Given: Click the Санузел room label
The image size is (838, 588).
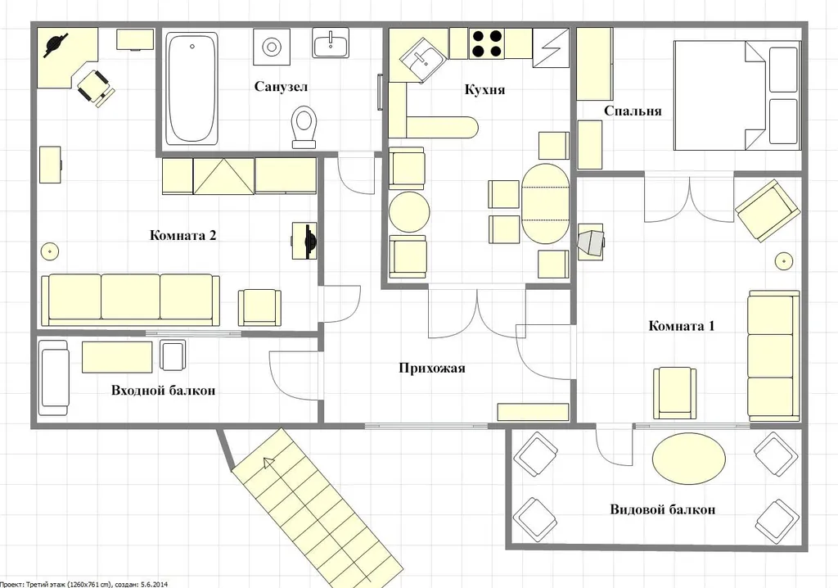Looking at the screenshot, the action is coord(281,87).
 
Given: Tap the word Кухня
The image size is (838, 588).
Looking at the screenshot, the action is coord(484,89).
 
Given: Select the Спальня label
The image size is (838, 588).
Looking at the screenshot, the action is coord(633,111).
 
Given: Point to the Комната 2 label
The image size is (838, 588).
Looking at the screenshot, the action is coord(182,235).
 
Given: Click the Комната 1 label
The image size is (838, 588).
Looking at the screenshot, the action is coord(682,326).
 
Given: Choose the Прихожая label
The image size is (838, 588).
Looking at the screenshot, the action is coord(432,368).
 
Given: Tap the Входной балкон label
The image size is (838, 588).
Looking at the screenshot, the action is coord(164,391).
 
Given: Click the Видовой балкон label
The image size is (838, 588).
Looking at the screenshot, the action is coord(663,509).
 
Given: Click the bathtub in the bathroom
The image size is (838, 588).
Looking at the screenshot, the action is coord(191,88).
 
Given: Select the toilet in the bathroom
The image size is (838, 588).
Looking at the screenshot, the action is coord(304,127).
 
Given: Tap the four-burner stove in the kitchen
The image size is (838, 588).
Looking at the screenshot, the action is coord(486,44).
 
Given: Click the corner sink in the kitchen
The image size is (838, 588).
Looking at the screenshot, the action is coord(422,60).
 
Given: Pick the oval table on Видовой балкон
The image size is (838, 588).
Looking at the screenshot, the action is coord(689,459).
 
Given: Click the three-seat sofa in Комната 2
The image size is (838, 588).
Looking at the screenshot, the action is coord(130,301).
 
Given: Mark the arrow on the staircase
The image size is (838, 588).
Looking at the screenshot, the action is coord(268,464).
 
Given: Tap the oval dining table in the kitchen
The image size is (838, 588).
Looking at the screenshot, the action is coord(545,204).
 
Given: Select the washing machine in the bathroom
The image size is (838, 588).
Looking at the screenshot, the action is coord(272,47).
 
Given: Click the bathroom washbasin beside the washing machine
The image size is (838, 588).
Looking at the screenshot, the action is coord(331,43).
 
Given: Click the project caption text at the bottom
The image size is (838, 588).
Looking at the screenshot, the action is coord(83,584).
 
